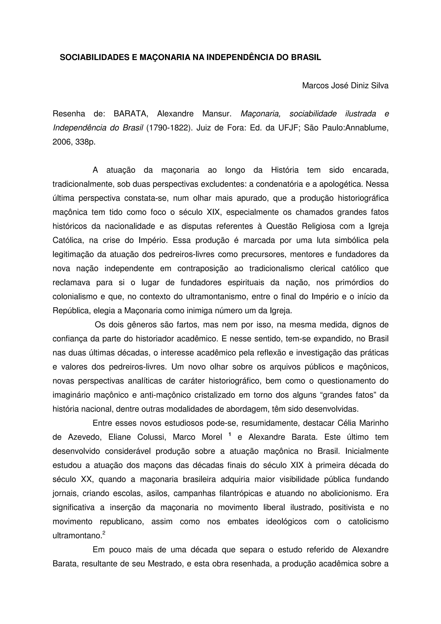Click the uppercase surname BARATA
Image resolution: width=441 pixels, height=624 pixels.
pos(131,114)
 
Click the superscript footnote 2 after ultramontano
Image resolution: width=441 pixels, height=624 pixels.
pos(104,533)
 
